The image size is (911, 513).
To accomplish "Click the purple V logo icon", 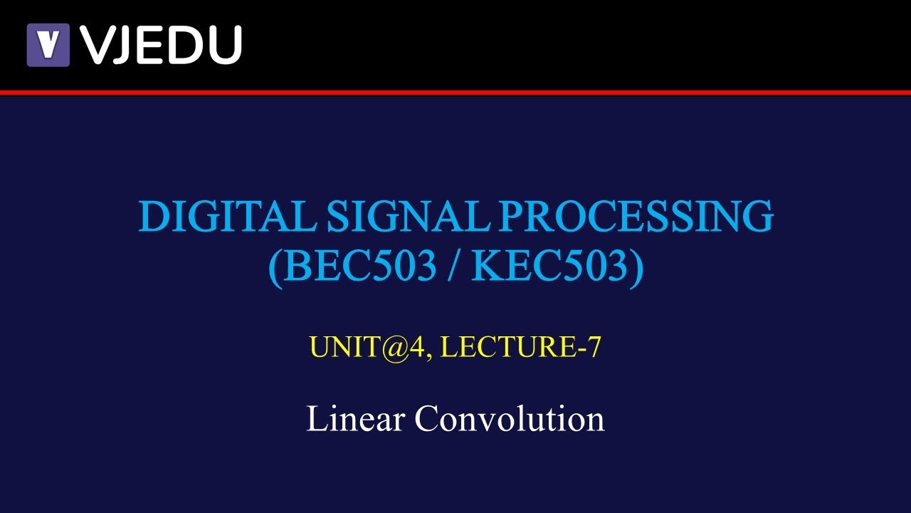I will [48, 45].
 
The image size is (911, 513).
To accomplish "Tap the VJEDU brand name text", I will [161, 45].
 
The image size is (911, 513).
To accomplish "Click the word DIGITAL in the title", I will [227, 216].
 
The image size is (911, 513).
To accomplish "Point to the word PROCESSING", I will [636, 216].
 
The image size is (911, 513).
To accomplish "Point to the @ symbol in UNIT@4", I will [397, 348].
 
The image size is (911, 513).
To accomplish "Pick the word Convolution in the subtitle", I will [510, 418].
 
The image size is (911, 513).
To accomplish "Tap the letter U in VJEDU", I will [223, 45].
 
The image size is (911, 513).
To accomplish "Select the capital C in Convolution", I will [428, 418].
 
